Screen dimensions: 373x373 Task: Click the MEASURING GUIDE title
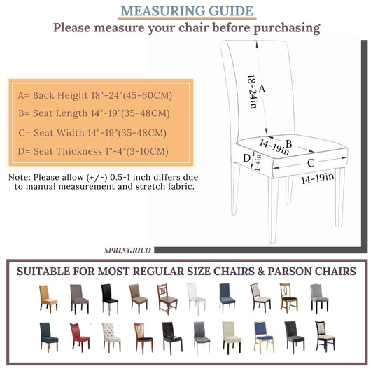pos(186,11)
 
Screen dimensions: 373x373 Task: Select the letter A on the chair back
pos(262,89)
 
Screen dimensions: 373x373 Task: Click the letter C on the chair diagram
pos(309,162)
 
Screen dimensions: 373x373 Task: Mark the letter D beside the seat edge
pos(246,158)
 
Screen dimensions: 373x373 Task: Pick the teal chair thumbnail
pos(48,337)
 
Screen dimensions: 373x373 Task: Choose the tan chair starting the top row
pos(48,297)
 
